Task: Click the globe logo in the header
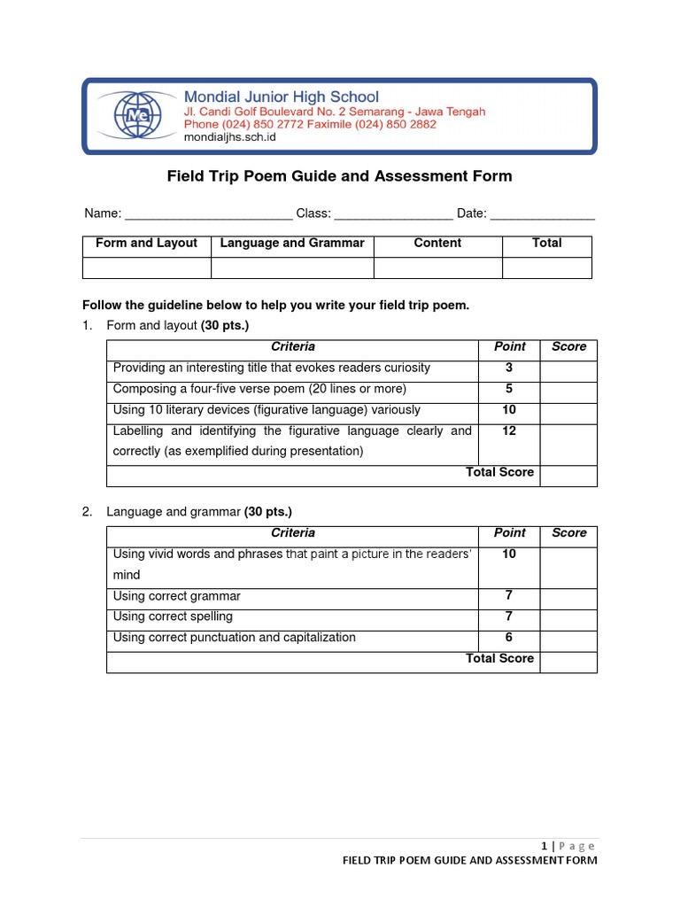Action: pyautogui.click(x=137, y=116)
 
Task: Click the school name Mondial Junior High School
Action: pyautogui.click(x=281, y=97)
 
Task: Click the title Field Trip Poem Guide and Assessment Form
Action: pyautogui.click(x=340, y=176)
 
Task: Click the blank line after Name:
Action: pyautogui.click(x=208, y=214)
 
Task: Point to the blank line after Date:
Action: pyautogui.click(x=542, y=214)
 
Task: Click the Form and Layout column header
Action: pyautogui.click(x=146, y=243)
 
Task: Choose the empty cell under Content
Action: pyautogui.click(x=437, y=267)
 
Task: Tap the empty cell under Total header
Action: pyautogui.click(x=546, y=267)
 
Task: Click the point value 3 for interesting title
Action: pyautogui.click(x=509, y=368)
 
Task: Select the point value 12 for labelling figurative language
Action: pyautogui.click(x=509, y=431)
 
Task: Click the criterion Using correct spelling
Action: pyautogui.click(x=174, y=616)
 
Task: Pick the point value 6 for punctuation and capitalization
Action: pyautogui.click(x=509, y=638)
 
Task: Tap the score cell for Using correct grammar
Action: pyautogui.click(x=568, y=596)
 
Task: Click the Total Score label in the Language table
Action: pyautogui.click(x=499, y=658)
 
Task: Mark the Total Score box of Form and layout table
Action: pyautogui.click(x=568, y=476)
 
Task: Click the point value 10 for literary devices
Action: pyautogui.click(x=509, y=410)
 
